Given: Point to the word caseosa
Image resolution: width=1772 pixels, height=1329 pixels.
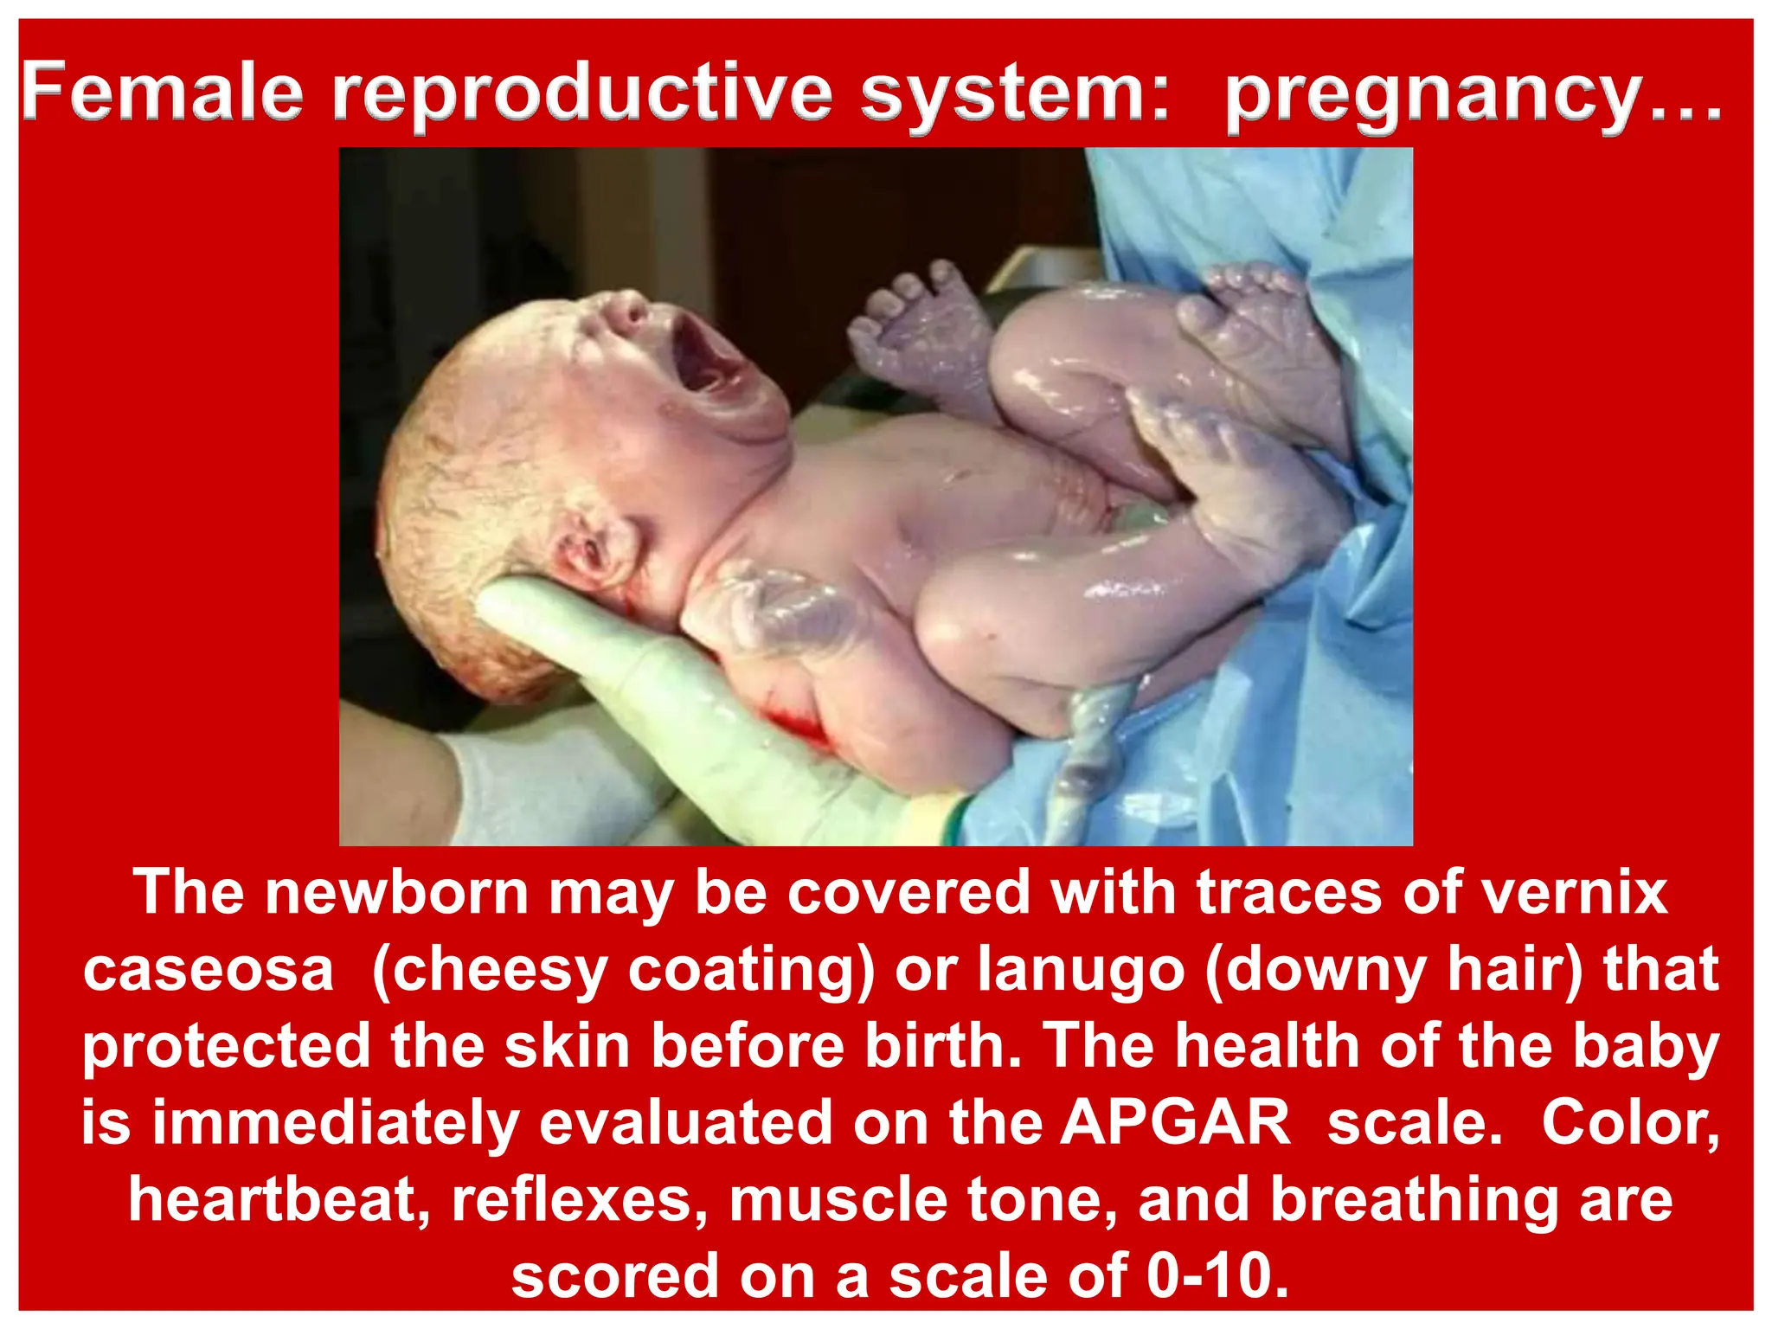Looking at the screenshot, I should [209, 969].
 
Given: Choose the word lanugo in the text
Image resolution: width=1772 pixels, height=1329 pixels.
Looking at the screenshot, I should [1081, 969].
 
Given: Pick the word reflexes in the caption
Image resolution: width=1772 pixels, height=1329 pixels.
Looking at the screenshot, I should [579, 1199].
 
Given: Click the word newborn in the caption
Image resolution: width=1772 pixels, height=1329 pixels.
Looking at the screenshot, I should [397, 892].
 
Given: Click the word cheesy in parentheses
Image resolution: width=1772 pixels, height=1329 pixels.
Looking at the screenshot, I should [490, 969].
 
